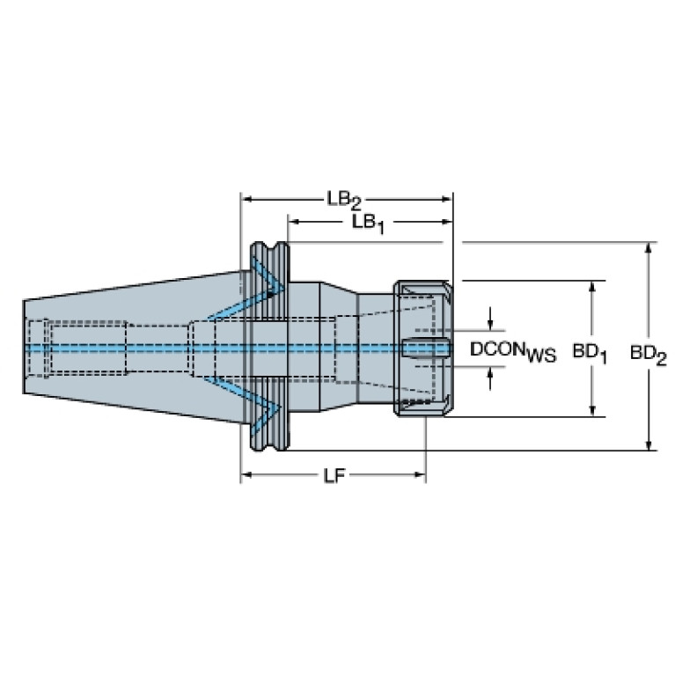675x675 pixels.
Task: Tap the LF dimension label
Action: click(x=332, y=476)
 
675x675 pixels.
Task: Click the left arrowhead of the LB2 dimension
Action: click(x=246, y=200)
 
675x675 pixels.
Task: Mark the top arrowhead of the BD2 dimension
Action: click(x=649, y=247)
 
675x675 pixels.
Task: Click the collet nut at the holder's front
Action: click(x=423, y=349)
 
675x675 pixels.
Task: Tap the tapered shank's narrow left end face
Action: click(x=23, y=347)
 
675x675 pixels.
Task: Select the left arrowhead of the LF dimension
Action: click(x=247, y=476)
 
